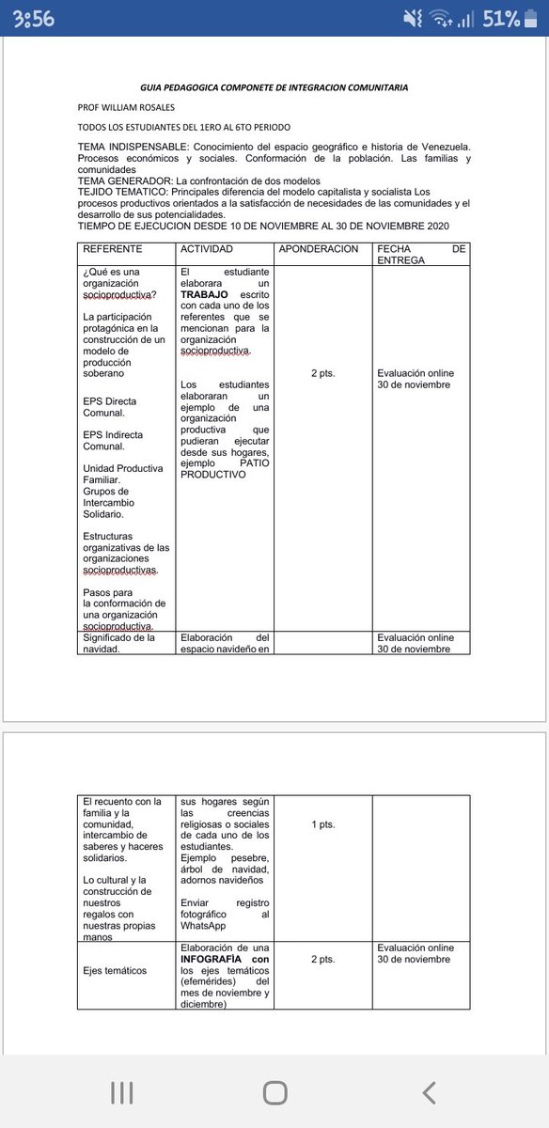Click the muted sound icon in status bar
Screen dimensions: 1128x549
coord(412,19)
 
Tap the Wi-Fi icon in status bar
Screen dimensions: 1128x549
coord(441,19)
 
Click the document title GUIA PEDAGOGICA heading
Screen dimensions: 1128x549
coord(274,87)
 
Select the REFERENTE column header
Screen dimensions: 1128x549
coord(113,249)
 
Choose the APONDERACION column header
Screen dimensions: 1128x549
coord(320,249)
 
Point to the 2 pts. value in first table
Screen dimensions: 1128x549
coord(322,373)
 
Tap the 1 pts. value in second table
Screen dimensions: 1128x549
coord(322,824)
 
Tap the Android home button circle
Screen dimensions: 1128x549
coord(274,1092)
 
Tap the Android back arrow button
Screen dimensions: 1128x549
coord(429,1092)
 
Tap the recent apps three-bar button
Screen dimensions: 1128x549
coord(121,1092)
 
